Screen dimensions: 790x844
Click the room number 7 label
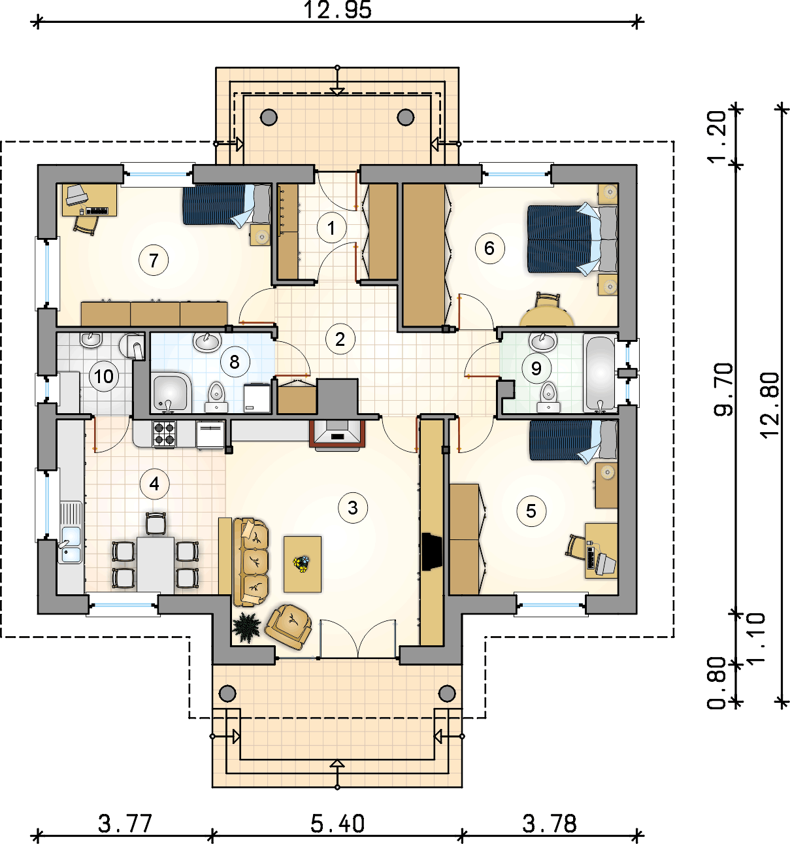154,260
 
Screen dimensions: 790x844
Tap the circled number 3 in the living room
353,507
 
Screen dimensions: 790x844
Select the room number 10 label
104,376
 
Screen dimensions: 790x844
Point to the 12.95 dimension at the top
338,10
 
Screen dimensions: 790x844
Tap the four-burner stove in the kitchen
165,434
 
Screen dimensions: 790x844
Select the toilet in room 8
217,397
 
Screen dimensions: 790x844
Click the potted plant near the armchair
246,627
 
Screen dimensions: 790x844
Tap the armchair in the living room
288,627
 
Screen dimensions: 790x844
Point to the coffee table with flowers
302,564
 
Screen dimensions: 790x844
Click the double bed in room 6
572,239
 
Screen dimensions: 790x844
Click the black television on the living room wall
432,551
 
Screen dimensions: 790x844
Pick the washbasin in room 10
90,340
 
